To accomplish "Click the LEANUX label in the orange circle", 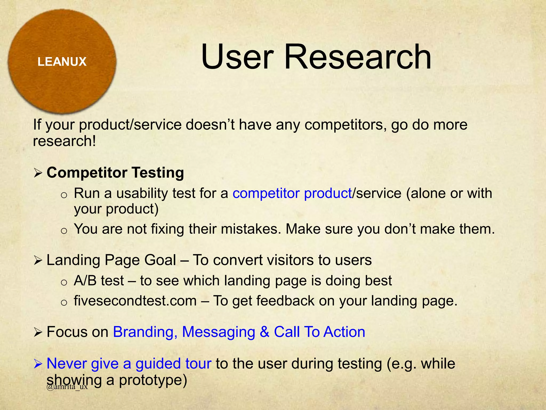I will tap(62, 62).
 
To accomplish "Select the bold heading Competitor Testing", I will tap(115, 173).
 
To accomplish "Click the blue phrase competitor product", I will tap(292, 193).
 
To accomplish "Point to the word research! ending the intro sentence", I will tap(64, 141).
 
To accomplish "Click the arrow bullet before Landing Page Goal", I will tap(38, 260).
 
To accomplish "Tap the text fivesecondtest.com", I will tap(135, 301).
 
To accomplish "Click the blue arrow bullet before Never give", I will tap(38, 364).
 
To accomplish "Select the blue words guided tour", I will tap(173, 364).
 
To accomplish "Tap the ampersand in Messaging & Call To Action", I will tap(264, 332).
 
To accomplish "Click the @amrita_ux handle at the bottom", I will tap(67, 387).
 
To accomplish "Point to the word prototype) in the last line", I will tap(153, 380).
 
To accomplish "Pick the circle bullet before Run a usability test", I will tap(64, 195).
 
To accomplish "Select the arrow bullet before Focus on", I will tap(38, 332).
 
